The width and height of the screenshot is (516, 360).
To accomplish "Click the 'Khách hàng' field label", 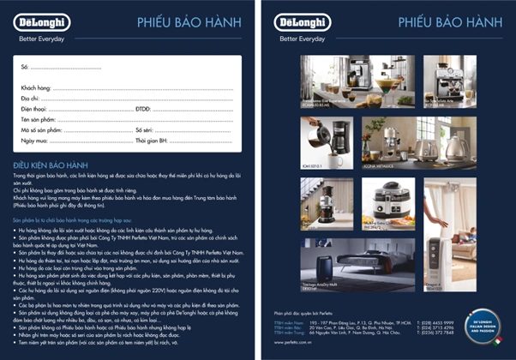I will (x=36, y=87).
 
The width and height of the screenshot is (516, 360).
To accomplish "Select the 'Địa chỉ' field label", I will (x=31, y=99).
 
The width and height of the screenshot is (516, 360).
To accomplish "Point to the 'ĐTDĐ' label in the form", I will (x=143, y=109).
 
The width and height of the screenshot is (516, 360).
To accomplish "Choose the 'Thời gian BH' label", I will (x=153, y=140).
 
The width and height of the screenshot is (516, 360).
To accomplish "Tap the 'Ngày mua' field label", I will (x=35, y=140).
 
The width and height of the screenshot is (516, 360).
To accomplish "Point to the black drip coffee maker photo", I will (x=329, y=136).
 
